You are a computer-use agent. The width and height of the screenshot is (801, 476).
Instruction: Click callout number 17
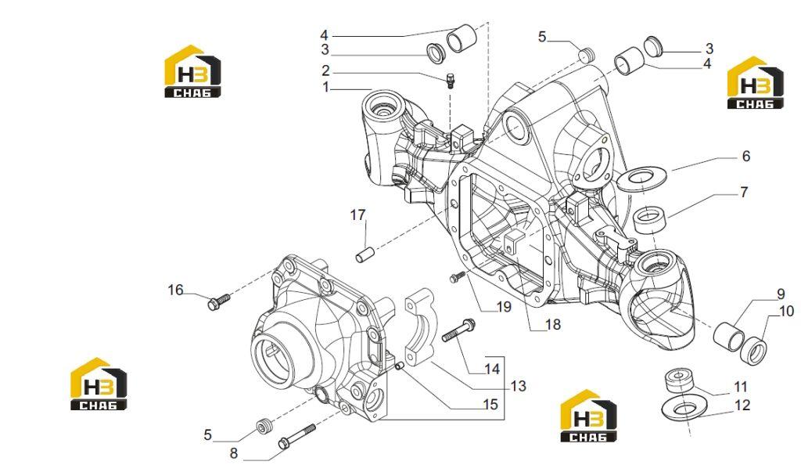pyautogui.click(x=357, y=215)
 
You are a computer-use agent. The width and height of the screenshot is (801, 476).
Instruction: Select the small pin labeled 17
pyautogui.click(x=365, y=254)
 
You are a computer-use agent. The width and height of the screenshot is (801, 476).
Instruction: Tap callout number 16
pyautogui.click(x=175, y=290)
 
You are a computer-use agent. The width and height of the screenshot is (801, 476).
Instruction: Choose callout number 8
pyautogui.click(x=233, y=453)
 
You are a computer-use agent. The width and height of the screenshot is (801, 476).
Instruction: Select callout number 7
pyautogui.click(x=744, y=193)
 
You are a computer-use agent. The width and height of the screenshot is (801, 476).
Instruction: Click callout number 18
pyautogui.click(x=553, y=324)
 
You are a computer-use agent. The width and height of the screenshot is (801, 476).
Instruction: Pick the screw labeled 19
pyautogui.click(x=456, y=277)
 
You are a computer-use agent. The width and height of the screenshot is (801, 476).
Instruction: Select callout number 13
pyautogui.click(x=518, y=386)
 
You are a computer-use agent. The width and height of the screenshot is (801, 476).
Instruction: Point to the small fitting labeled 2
pyautogui.click(x=451, y=81)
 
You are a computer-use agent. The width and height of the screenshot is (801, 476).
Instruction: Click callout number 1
pyautogui.click(x=326, y=88)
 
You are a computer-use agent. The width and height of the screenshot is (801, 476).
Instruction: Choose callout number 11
pyautogui.click(x=741, y=387)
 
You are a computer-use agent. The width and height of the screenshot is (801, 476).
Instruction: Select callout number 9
pyautogui.click(x=781, y=294)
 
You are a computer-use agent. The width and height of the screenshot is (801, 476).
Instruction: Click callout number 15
pyautogui.click(x=490, y=405)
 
